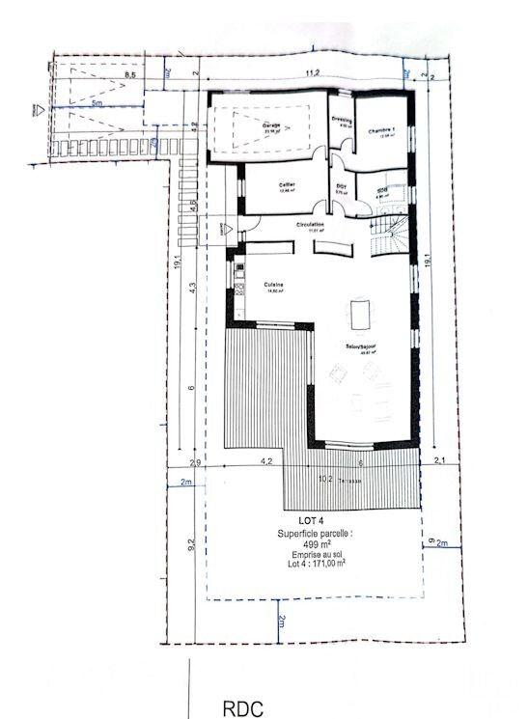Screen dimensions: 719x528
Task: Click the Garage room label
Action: (271, 125)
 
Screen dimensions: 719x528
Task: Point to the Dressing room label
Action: (340, 121)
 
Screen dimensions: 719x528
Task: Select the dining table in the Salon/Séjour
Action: (361, 315)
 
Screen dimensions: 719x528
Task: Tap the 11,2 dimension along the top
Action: (313, 71)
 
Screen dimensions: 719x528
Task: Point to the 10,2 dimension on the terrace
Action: (326, 478)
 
